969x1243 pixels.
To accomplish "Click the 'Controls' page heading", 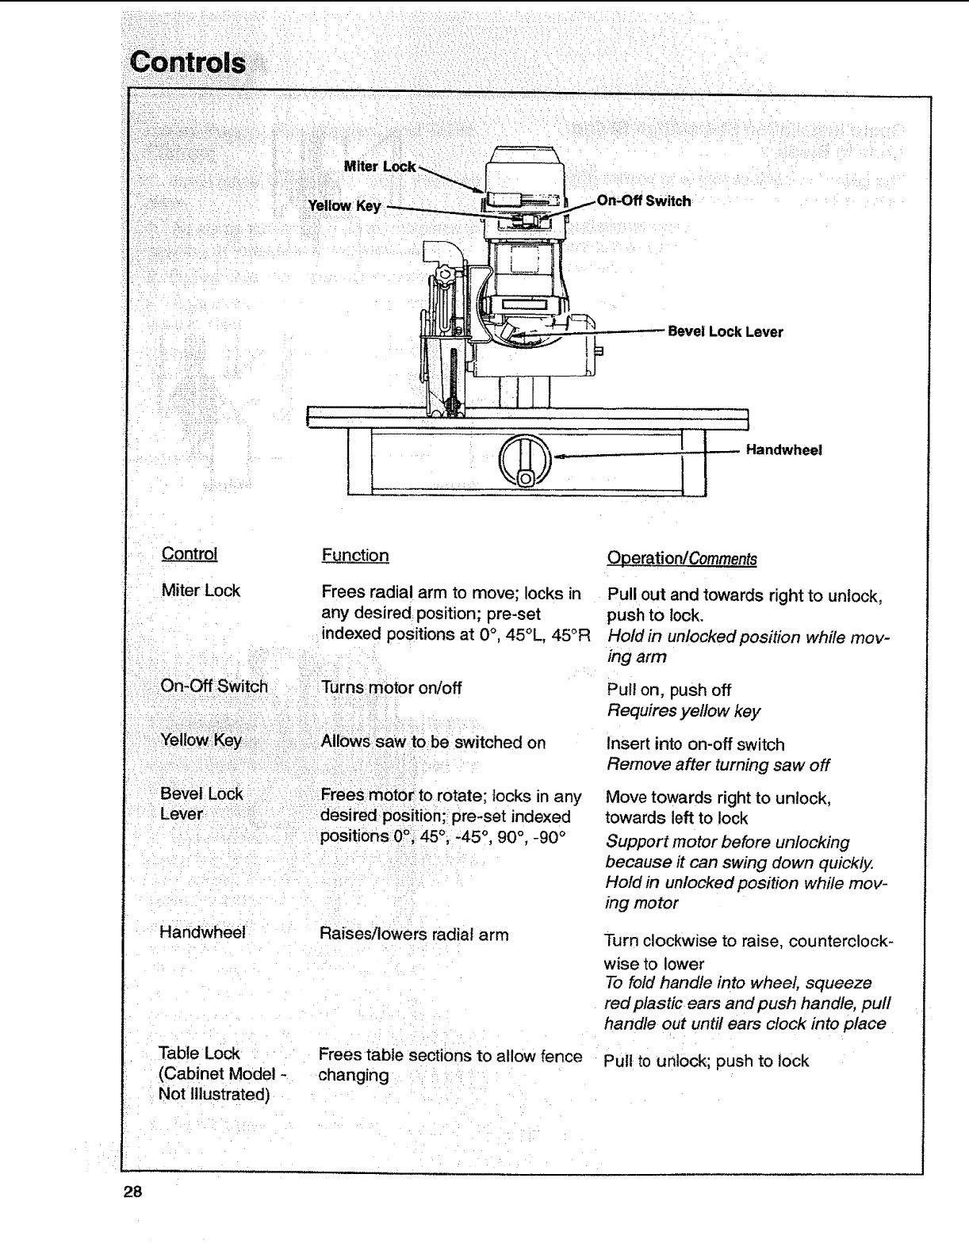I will [x=188, y=62].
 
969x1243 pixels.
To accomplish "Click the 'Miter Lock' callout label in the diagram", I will [x=380, y=166].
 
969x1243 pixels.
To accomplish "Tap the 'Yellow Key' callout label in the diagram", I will [x=344, y=206].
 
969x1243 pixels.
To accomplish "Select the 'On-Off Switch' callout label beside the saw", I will [x=643, y=201].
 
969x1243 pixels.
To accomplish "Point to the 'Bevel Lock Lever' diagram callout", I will [x=725, y=331].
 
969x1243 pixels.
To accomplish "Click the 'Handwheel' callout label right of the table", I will [x=783, y=450].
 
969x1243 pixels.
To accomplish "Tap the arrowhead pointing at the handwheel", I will [x=560, y=457].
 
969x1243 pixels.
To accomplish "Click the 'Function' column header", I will [x=355, y=556].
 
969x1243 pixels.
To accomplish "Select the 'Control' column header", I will [x=189, y=554].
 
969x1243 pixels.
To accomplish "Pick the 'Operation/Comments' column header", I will [x=681, y=559].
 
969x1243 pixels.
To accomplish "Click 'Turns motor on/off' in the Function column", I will [x=391, y=688].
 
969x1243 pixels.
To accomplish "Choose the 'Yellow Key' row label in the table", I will [x=201, y=740].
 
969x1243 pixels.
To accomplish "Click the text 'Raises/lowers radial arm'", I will [x=413, y=935].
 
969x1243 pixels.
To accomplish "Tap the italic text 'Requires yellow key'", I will [x=683, y=711].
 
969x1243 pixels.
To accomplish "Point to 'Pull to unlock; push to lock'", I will [x=706, y=1061].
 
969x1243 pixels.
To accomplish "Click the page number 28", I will [x=132, y=1191].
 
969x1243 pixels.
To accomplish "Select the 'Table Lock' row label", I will [x=199, y=1054].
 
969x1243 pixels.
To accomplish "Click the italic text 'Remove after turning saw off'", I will [x=718, y=765].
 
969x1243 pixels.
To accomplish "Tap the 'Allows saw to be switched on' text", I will [x=433, y=743].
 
